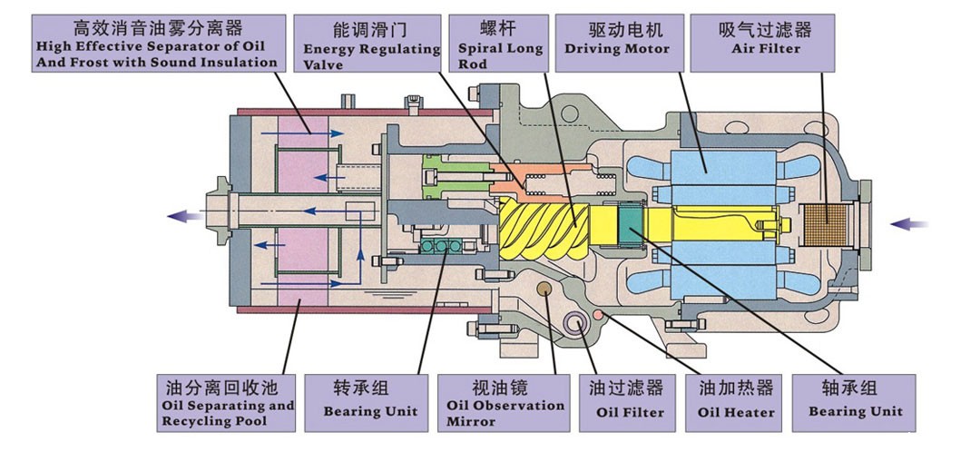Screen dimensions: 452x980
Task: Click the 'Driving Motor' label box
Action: (x=617, y=39)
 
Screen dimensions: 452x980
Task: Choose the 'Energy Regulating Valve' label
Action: (x=370, y=44)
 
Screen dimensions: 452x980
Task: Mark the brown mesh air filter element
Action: (x=828, y=223)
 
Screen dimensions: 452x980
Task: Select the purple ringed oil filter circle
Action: (x=576, y=323)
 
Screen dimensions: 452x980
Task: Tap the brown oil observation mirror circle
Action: (x=544, y=290)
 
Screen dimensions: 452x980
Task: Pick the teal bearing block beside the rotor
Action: (x=628, y=226)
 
